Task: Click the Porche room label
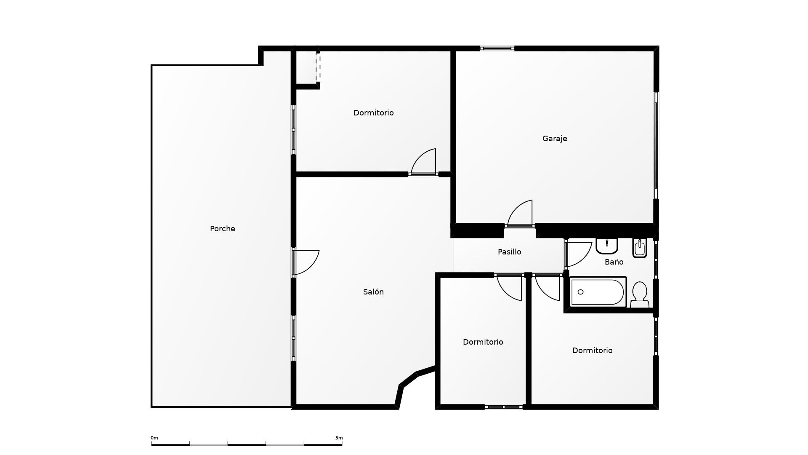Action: [x=222, y=229]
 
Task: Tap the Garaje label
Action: [x=554, y=139]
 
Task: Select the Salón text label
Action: [x=373, y=292]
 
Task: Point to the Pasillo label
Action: [x=509, y=252]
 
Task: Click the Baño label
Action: [x=614, y=262]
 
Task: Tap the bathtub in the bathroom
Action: [x=597, y=292]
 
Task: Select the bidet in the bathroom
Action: [x=639, y=248]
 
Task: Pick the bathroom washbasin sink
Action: [x=606, y=246]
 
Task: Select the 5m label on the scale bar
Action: [x=339, y=438]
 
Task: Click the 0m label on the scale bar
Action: [x=154, y=438]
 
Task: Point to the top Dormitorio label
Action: [x=373, y=113]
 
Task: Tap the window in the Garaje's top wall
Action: [x=497, y=48]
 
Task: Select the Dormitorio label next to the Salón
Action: [x=483, y=342]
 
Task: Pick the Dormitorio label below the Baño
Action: [x=592, y=351]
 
